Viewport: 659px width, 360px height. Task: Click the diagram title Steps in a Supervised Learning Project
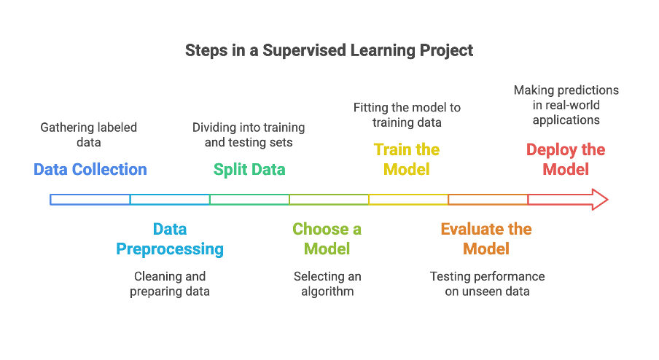pyautogui.click(x=329, y=50)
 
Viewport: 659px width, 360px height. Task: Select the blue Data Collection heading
pyautogui.click(x=90, y=170)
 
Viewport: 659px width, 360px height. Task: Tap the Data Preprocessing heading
pyautogui.click(x=170, y=239)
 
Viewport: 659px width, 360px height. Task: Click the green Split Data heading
pyautogui.click(x=249, y=170)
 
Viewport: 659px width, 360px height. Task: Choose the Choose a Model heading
pyautogui.click(x=327, y=239)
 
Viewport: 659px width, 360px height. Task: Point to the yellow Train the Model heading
pyautogui.click(x=406, y=160)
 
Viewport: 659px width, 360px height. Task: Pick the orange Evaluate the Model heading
pyautogui.click(x=486, y=239)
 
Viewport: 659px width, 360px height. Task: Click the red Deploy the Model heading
pyautogui.click(x=566, y=160)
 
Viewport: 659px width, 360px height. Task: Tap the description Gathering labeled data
pyautogui.click(x=88, y=135)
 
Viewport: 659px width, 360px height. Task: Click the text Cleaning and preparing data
pyautogui.click(x=170, y=284)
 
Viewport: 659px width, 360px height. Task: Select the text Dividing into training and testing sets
pyautogui.click(x=249, y=135)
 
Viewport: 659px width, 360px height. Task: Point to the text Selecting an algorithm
pyautogui.click(x=327, y=284)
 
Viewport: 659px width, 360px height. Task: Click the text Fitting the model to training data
pyautogui.click(x=407, y=115)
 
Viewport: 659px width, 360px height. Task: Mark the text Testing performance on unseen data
pyautogui.click(x=487, y=284)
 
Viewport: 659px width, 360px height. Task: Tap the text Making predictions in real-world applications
pyautogui.click(x=566, y=105)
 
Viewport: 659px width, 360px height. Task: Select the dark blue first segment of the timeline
pyautogui.click(x=90, y=199)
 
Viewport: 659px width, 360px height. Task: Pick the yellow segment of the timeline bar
pyautogui.click(x=408, y=199)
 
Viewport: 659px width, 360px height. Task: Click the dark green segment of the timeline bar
pyautogui.click(x=249, y=199)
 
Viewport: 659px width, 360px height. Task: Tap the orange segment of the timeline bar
pyautogui.click(x=488, y=199)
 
